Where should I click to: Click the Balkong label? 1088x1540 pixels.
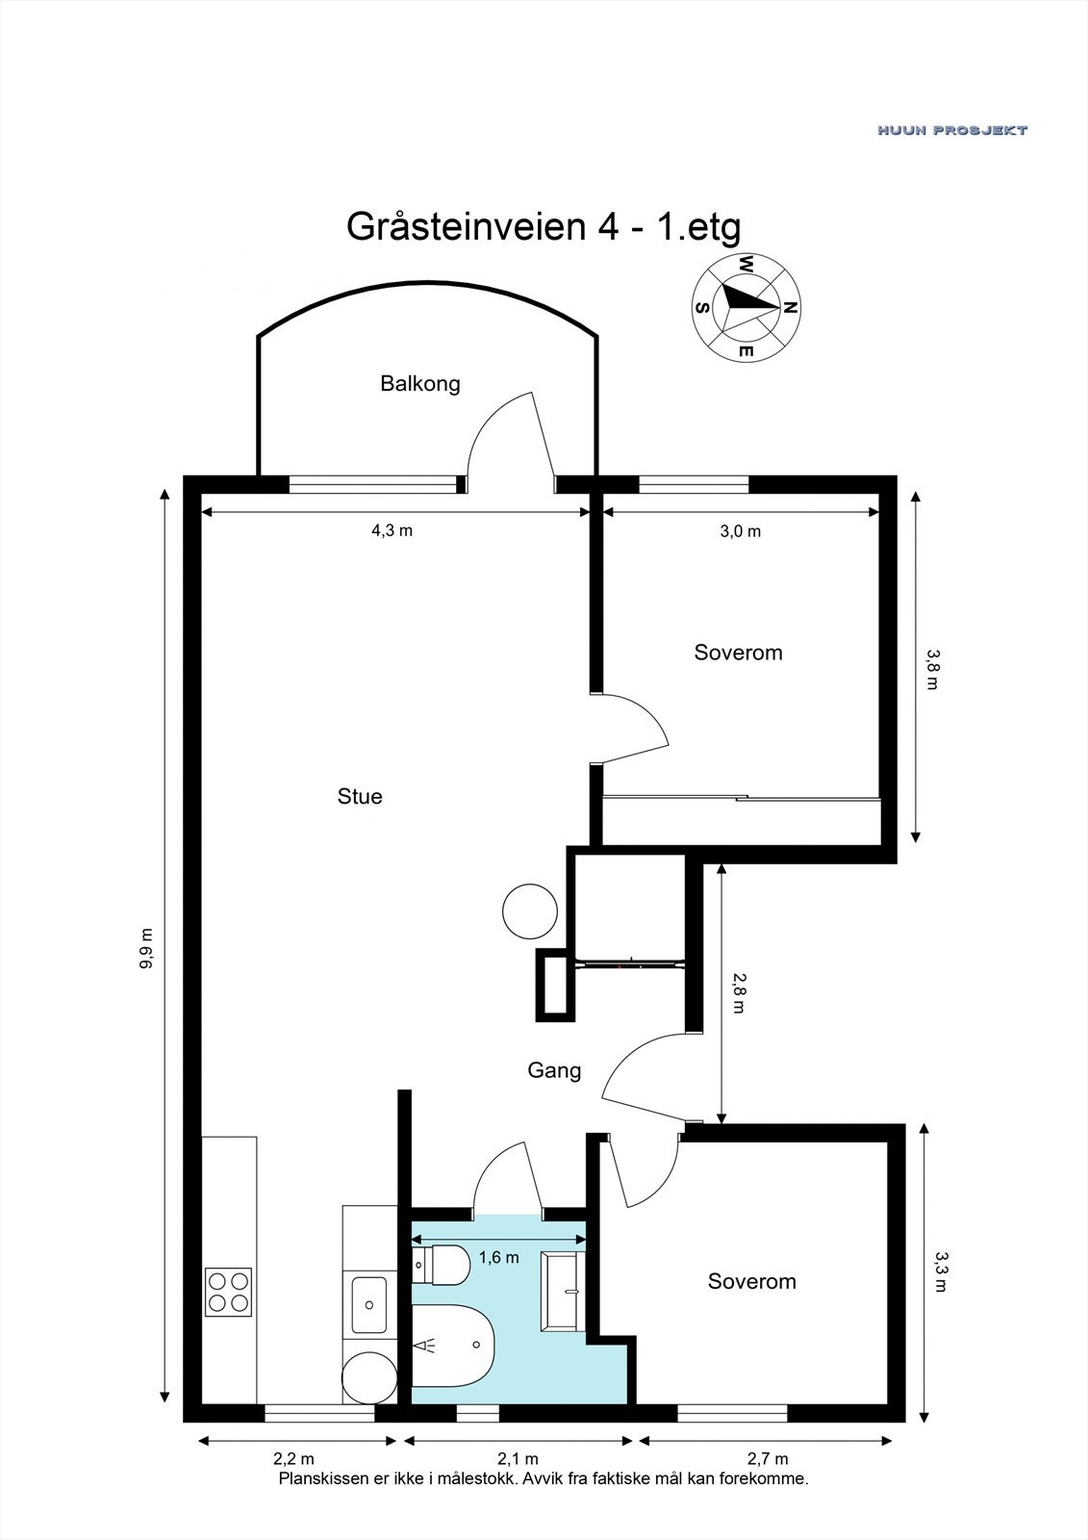pyautogui.click(x=420, y=384)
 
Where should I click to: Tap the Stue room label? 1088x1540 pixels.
pyautogui.click(x=360, y=797)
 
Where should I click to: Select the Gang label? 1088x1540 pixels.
pyautogui.click(x=554, y=1070)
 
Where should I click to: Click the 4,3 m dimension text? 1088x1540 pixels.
pyautogui.click(x=392, y=530)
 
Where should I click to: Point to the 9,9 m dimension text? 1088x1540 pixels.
pyautogui.click(x=146, y=949)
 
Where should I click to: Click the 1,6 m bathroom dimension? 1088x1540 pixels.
pyautogui.click(x=498, y=1257)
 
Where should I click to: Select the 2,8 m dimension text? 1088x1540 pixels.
pyautogui.click(x=739, y=992)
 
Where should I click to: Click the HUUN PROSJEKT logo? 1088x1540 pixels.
pyautogui.click(x=952, y=130)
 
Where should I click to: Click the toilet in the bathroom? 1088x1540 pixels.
pyautogui.click(x=442, y=1264)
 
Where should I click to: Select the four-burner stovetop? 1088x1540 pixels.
pyautogui.click(x=228, y=1292)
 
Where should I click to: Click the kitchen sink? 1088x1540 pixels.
pyautogui.click(x=368, y=1304)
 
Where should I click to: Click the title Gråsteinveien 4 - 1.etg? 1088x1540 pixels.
pyautogui.click(x=544, y=227)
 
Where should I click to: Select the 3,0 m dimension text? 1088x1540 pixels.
pyautogui.click(x=741, y=531)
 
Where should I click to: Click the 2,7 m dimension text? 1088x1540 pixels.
pyautogui.click(x=768, y=1459)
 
